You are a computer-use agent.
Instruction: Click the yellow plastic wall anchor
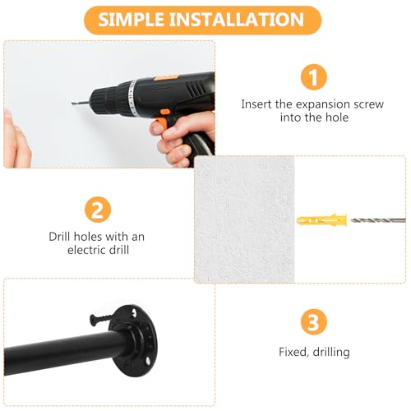point(321,220)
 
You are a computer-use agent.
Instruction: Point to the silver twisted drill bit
point(377,220)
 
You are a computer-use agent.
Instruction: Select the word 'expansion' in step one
point(323,104)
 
